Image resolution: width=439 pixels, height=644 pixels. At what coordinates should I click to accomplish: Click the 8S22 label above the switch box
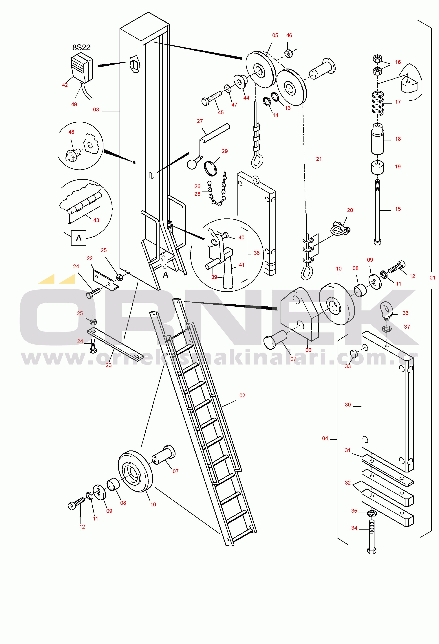click(81, 47)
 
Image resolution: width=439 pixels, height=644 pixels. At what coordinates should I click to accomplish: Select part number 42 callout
click(65, 85)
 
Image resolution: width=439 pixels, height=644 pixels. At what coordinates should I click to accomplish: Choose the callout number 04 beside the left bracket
click(325, 438)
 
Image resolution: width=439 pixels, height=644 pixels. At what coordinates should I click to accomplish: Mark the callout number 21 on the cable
click(319, 159)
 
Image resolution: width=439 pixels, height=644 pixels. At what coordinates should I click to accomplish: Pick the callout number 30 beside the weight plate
click(348, 405)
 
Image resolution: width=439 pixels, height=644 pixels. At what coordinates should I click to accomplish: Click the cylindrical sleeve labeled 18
click(377, 139)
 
